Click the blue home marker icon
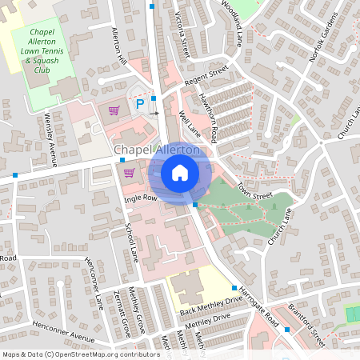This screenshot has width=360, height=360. pos(180,172)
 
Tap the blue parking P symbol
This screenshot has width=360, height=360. pos(139,104)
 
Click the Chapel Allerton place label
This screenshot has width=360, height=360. pos(157,150)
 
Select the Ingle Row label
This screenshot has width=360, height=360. pos(138,197)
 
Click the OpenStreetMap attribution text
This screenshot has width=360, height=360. pos(80,354)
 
